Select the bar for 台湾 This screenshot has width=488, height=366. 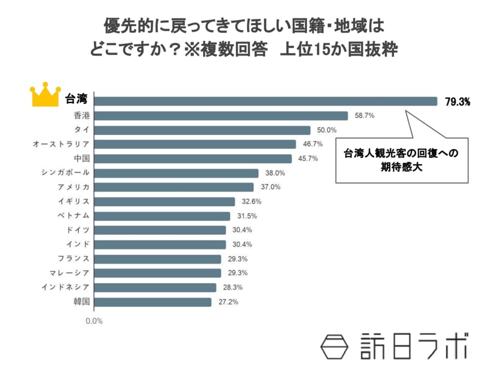(x=266, y=101)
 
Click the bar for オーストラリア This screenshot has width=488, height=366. (x=195, y=144)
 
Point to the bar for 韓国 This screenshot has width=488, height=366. (x=153, y=301)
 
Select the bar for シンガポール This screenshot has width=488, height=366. (x=176, y=173)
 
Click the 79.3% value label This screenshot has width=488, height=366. (x=457, y=102)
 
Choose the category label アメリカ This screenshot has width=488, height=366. (x=74, y=187)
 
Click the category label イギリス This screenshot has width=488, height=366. (x=74, y=201)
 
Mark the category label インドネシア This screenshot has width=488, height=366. (x=66, y=287)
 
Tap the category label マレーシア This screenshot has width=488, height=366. (x=70, y=273)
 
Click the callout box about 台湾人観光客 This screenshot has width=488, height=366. (x=401, y=160)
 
